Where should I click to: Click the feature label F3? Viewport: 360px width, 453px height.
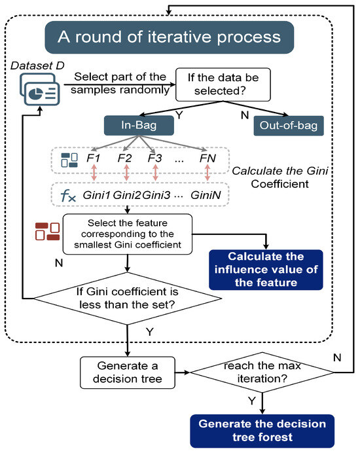154,158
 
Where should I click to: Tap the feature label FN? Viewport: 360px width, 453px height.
207,158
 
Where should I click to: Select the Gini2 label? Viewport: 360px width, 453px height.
126,195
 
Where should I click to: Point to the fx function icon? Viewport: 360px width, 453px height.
68,195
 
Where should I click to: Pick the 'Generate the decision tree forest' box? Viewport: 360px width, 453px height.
262,429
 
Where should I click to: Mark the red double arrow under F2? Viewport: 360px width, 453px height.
126,176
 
